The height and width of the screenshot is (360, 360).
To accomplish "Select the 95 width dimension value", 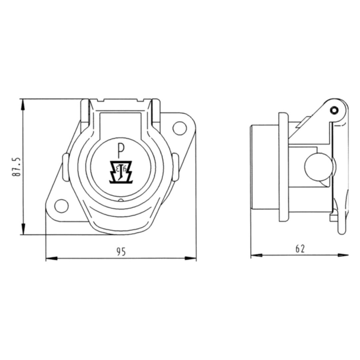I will pyautogui.click(x=121, y=252).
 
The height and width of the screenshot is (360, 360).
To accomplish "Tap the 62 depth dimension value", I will pyautogui.click(x=300, y=249).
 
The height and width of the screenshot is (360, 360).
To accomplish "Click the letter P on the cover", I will pyautogui.click(x=120, y=150).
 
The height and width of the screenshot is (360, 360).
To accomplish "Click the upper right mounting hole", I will pyautogui.click(x=179, y=128).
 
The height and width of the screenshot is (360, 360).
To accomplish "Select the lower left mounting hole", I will pyautogui.click(x=61, y=206).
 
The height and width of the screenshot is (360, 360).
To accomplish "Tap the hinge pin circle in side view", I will pyautogui.click(x=334, y=110).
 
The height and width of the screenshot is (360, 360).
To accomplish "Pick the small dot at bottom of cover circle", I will pyautogui.click(x=121, y=200).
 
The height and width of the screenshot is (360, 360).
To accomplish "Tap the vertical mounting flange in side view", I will pyautogui.click(x=283, y=167).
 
